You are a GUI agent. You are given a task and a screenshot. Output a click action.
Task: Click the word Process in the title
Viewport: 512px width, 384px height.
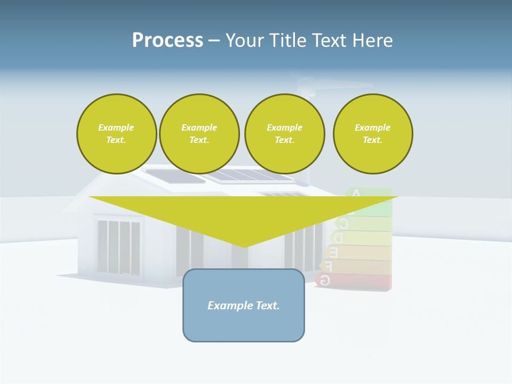(x=167, y=41)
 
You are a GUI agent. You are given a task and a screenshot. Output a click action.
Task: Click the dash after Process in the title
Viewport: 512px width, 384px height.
(x=214, y=41)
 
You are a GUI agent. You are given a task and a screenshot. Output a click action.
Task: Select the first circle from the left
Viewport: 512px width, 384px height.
(x=117, y=134)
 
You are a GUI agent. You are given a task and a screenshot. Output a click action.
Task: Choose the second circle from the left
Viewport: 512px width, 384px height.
(x=199, y=134)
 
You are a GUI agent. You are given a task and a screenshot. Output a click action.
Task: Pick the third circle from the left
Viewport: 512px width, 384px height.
(x=285, y=134)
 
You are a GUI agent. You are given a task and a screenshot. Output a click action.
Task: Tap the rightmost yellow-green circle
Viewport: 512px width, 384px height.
(x=373, y=134)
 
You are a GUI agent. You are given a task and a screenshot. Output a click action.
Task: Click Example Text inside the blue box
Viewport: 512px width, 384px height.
(x=244, y=306)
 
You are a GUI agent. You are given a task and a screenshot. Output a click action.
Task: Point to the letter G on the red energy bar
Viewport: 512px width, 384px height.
(x=325, y=280)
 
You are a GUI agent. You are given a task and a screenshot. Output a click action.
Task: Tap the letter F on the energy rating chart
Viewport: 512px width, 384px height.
(x=329, y=266)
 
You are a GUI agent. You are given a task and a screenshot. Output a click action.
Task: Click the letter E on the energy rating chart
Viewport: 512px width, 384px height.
(x=333, y=251)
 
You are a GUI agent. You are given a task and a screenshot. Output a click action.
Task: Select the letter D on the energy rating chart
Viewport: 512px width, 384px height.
(x=338, y=237)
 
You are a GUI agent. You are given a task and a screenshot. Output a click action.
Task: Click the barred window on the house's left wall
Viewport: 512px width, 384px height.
(x=119, y=246)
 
